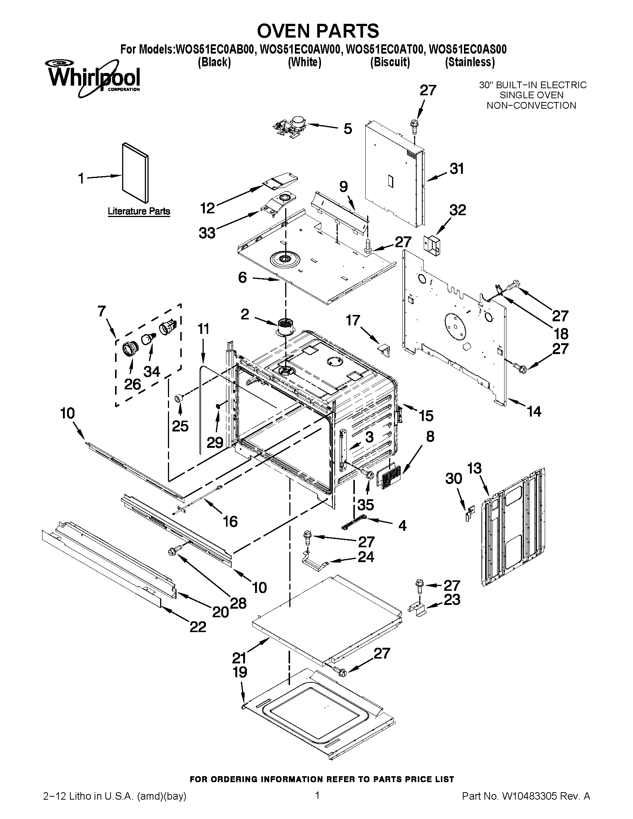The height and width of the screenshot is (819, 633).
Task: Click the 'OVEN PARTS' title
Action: click(x=318, y=31)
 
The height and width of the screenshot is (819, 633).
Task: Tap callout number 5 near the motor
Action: click(x=348, y=129)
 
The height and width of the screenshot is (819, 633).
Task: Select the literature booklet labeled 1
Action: click(x=135, y=172)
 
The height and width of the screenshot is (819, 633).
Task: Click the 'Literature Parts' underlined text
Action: click(x=139, y=211)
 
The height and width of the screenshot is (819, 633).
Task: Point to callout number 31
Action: click(x=457, y=169)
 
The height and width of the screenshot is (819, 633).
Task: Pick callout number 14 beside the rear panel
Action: click(x=534, y=412)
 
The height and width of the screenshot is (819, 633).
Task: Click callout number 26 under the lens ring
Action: click(x=133, y=384)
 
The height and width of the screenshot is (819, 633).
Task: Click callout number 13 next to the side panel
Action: click(x=474, y=468)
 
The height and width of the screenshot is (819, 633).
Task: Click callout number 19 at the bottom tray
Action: click(x=240, y=672)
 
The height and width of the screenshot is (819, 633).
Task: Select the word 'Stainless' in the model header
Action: click(x=470, y=62)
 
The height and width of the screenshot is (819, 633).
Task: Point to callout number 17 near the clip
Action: click(x=353, y=320)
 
